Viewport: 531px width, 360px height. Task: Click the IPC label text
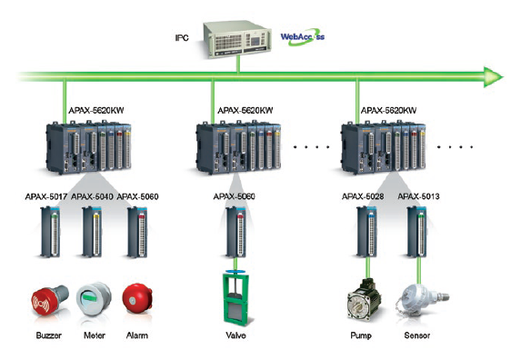(x=182, y=38)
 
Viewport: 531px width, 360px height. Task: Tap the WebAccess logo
(x=303, y=37)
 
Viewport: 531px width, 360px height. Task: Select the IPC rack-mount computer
(x=237, y=40)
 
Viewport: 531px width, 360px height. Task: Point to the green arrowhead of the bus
(x=494, y=77)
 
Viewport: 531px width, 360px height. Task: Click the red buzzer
(x=49, y=300)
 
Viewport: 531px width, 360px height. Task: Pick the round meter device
(x=94, y=299)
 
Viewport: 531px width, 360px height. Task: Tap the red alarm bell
(x=137, y=298)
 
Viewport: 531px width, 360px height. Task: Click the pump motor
(x=364, y=300)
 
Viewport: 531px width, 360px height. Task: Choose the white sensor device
(x=421, y=301)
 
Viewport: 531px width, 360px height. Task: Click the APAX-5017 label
(x=46, y=196)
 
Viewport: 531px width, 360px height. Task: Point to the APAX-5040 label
(x=92, y=196)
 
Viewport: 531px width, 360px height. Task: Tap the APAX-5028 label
(x=363, y=196)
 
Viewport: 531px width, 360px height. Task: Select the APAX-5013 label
(x=418, y=196)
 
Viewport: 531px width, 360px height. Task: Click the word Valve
(x=235, y=335)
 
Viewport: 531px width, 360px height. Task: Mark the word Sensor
(x=417, y=335)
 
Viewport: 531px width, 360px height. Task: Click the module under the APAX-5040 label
(x=92, y=232)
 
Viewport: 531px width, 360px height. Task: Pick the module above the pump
(x=366, y=232)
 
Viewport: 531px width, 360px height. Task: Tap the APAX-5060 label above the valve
(x=234, y=196)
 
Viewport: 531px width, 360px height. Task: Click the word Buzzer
(x=49, y=335)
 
